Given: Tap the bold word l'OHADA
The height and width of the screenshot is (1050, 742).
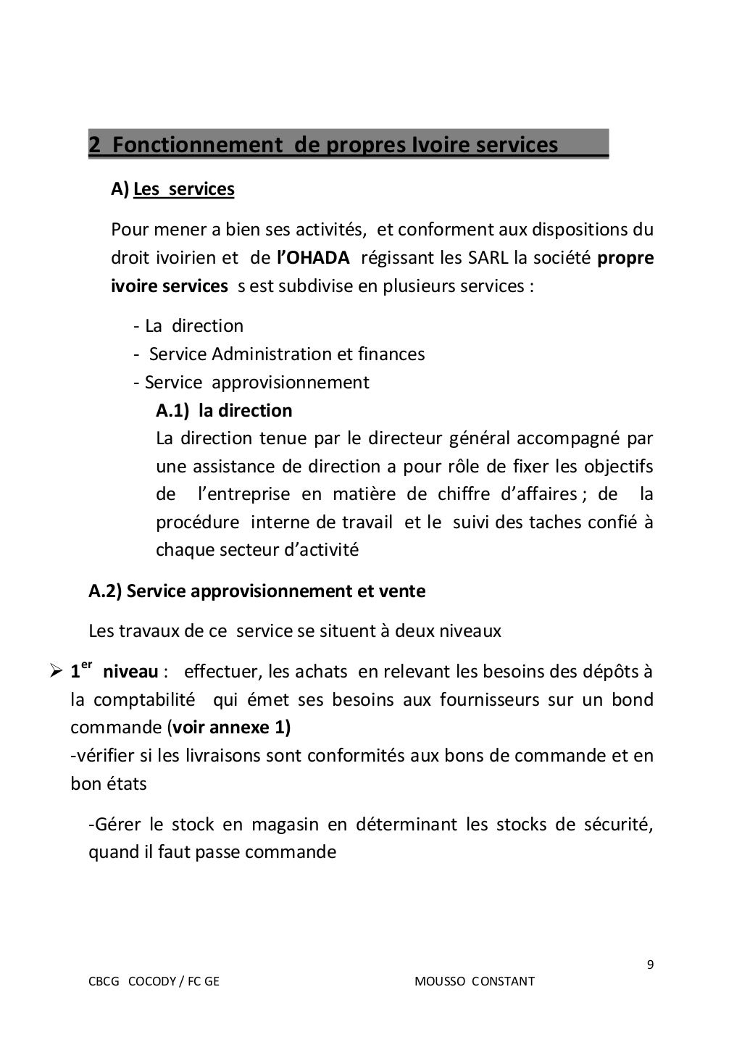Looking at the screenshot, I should pos(313,259).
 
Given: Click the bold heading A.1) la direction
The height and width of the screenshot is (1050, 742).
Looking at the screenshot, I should pos(224,411).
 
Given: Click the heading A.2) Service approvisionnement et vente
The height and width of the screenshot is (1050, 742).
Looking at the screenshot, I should pos(257,591).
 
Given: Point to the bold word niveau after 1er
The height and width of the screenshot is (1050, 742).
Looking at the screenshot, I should pos(130,672).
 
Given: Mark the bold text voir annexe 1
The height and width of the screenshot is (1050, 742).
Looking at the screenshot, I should pos(230,728).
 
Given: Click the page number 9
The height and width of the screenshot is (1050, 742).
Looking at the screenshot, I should pos(649,964).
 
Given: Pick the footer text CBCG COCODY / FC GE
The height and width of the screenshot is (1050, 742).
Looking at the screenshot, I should pos(154,982).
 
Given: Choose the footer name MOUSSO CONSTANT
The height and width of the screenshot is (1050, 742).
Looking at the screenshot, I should pos(475,982).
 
